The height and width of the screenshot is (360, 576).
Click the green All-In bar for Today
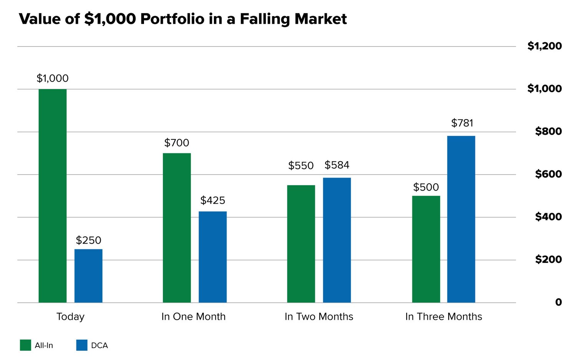(53, 196)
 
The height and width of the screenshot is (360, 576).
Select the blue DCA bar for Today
(88, 276)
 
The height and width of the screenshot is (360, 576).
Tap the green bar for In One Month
(177, 228)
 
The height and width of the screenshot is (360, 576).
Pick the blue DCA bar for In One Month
(213, 257)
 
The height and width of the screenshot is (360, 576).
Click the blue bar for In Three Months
(461, 219)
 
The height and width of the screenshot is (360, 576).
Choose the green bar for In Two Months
(301, 244)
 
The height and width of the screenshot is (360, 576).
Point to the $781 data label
(462, 123)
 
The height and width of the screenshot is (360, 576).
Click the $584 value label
(337, 165)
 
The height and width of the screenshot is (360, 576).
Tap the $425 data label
(213, 200)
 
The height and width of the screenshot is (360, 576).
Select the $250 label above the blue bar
(88, 240)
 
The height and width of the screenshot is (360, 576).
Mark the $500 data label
(426, 187)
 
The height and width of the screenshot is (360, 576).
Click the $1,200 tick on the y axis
(544, 46)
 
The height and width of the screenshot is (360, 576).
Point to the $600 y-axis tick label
(548, 174)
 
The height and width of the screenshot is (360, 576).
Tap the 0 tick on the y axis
(558, 302)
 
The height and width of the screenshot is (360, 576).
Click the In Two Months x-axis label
(319, 317)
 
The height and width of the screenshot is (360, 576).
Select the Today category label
(70, 317)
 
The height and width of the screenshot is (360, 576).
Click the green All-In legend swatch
(25, 345)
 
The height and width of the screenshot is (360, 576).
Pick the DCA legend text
(99, 345)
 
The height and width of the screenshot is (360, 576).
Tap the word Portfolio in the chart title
(172, 19)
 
